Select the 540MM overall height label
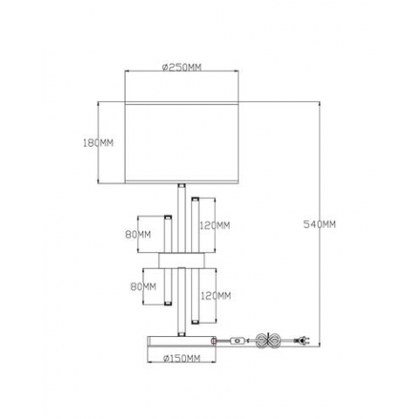click(x=319, y=223)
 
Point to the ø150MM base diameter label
click(x=182, y=358)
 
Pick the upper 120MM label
click(x=215, y=224)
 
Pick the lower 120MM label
click(x=215, y=295)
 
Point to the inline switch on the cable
click(x=237, y=341)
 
